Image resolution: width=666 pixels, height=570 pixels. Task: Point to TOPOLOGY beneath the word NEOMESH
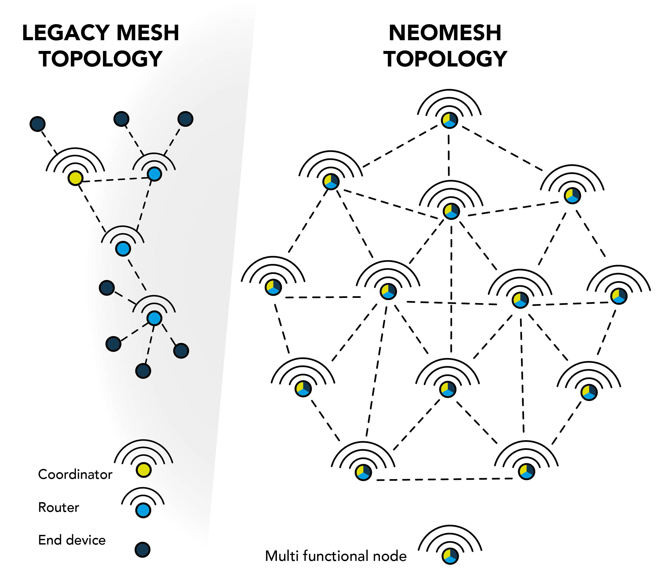445,59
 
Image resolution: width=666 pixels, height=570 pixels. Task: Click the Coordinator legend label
75,474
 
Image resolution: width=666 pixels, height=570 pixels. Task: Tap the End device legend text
72,540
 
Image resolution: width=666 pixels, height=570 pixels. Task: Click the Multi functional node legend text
336,556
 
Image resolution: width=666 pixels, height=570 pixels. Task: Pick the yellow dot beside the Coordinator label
143,470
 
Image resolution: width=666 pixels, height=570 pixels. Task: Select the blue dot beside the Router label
143,510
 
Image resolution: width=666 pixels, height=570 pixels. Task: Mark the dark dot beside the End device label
142,550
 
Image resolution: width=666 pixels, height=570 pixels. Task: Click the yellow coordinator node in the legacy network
75,178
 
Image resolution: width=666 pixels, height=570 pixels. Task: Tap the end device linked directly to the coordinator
38,124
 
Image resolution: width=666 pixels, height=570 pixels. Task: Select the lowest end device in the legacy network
143,371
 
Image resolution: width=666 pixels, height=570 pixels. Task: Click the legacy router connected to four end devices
154,318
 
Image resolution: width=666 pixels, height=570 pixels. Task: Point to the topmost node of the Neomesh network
449,120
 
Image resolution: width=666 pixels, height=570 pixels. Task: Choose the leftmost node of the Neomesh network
273,287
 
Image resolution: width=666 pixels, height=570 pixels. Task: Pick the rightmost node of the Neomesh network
619,296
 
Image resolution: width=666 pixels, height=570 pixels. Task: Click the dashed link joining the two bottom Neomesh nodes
445,479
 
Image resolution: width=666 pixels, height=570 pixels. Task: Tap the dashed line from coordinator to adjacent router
115,179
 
